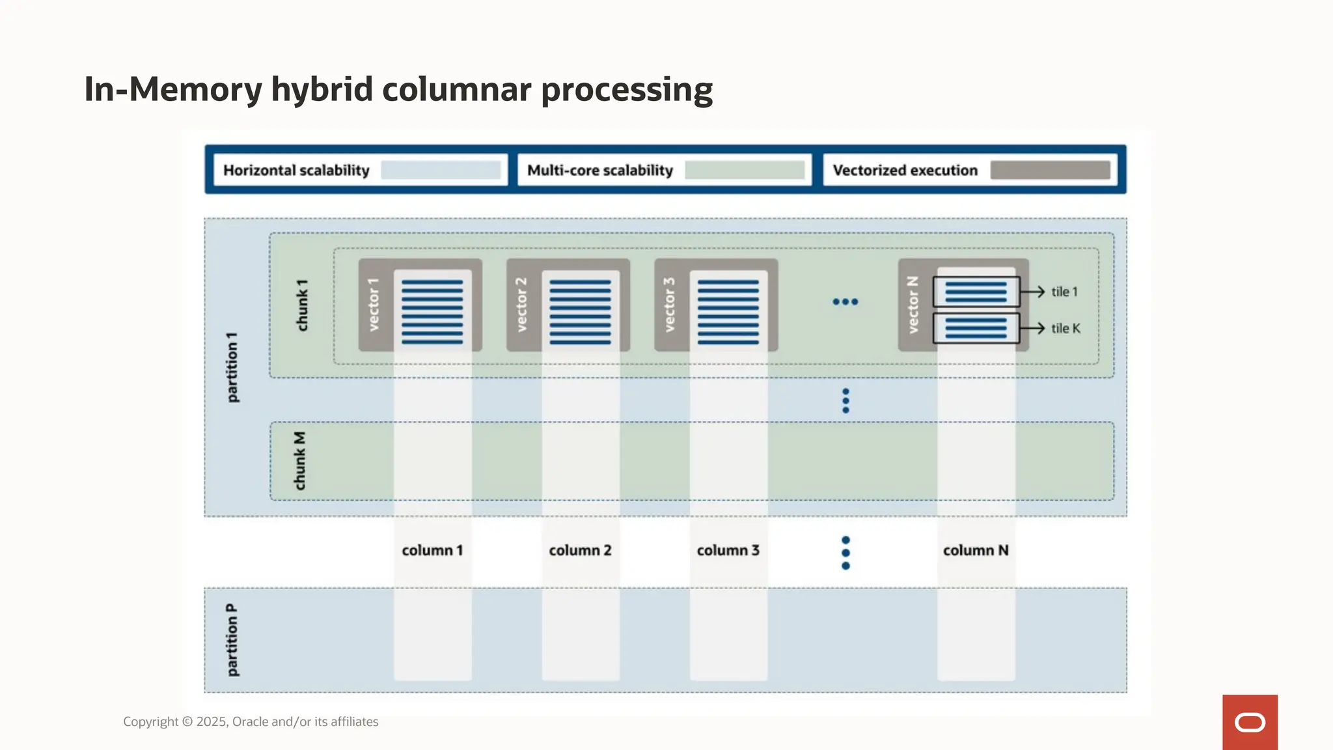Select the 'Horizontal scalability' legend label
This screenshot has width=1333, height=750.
[x=296, y=171]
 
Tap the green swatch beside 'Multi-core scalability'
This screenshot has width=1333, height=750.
[x=745, y=171]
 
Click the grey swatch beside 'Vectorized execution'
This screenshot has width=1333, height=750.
[x=1050, y=171]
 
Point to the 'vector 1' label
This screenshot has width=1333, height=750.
[x=374, y=305]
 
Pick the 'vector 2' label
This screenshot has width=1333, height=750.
[x=521, y=305]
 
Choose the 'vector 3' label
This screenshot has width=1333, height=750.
[x=670, y=305]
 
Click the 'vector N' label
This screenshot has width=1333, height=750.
[x=913, y=305]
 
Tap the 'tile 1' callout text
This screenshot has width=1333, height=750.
[x=1064, y=292]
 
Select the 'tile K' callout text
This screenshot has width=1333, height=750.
[x=1065, y=328]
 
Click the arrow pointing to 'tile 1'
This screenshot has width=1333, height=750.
[x=1033, y=292]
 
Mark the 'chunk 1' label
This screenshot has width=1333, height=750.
[x=302, y=305]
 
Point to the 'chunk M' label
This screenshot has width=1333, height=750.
[x=299, y=461]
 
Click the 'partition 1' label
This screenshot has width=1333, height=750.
[x=232, y=367]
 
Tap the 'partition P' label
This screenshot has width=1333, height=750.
[x=232, y=640]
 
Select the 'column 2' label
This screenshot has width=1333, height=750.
[x=580, y=550]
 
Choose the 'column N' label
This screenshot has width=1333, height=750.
[x=976, y=550]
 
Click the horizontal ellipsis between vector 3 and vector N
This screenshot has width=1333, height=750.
[x=845, y=301]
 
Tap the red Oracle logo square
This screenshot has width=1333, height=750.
[x=1250, y=722]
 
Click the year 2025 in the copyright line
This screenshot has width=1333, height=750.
[x=212, y=721]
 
